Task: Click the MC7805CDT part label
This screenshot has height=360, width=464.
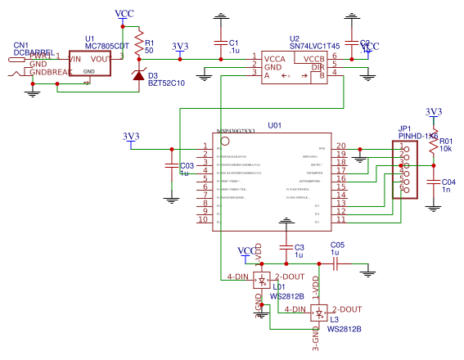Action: click(107, 46)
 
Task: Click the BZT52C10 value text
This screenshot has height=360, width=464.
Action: click(166, 83)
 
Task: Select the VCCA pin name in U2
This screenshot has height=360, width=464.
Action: click(275, 59)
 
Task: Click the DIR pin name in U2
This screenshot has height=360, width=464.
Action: click(318, 67)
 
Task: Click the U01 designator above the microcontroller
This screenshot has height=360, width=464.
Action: click(274, 126)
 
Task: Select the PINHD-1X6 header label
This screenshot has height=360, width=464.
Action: click(417, 136)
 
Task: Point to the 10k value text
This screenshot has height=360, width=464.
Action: click(446, 149)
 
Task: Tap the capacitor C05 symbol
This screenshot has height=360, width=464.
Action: click(336, 263)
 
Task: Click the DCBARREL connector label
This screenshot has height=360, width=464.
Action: click(34, 53)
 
